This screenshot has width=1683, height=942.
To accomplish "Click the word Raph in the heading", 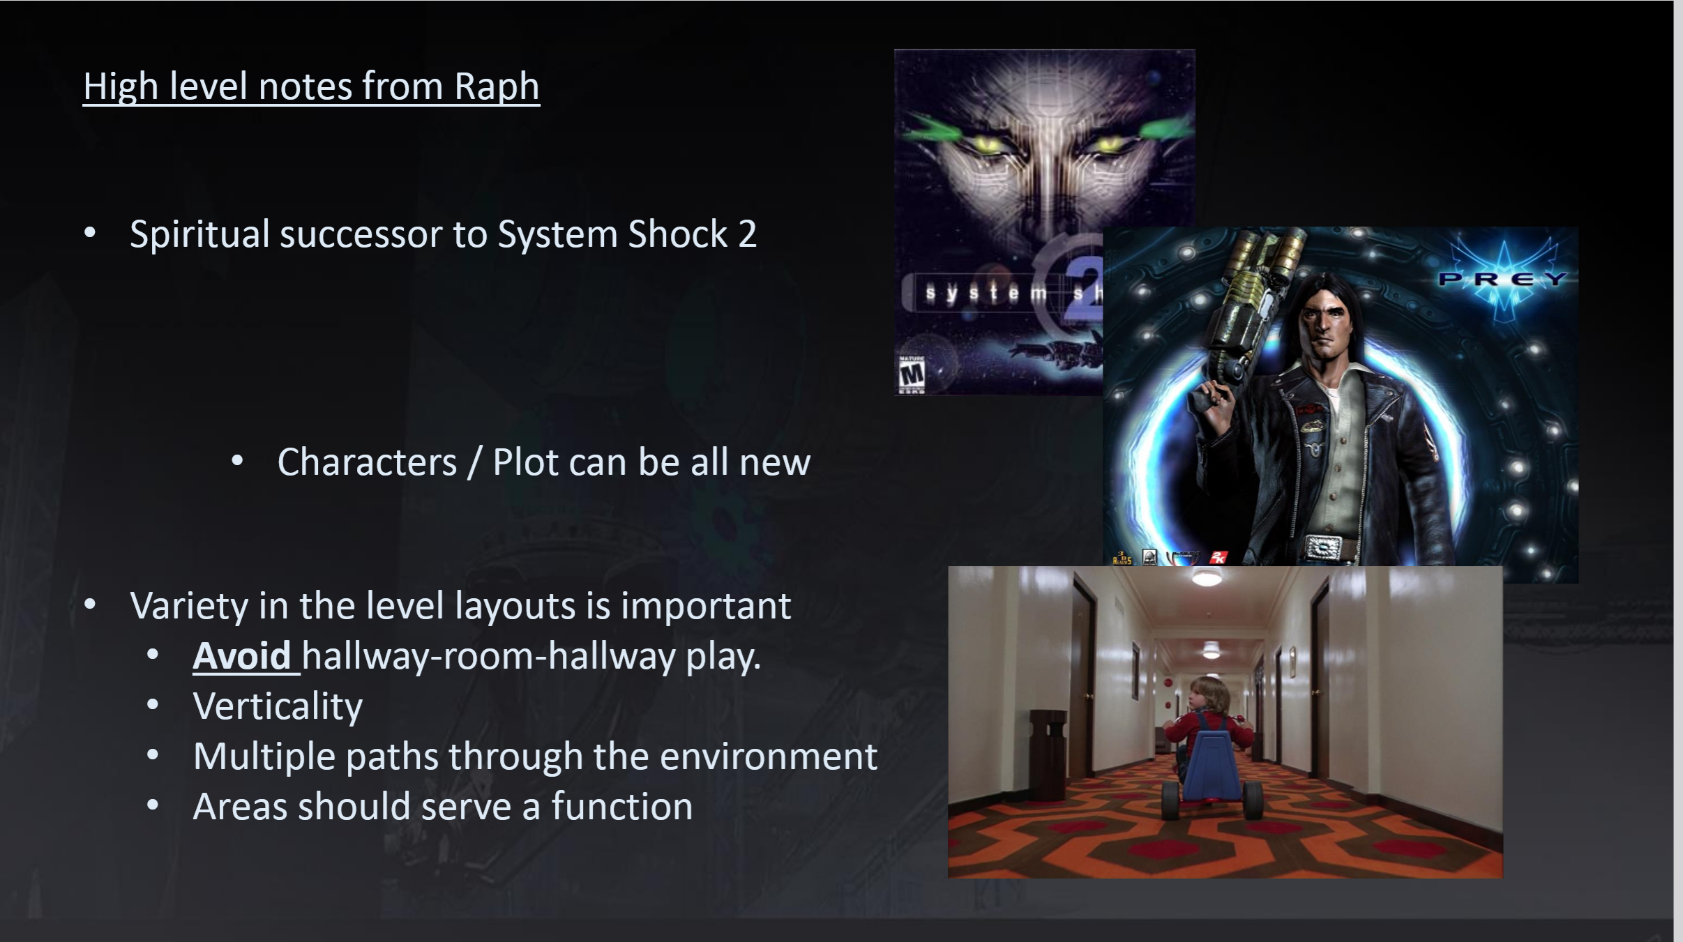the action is click(497, 86).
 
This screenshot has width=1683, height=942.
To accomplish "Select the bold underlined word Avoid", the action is click(241, 656).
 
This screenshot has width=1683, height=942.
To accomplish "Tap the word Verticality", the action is click(278, 707).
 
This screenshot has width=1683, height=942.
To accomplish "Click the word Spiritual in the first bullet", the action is click(199, 234).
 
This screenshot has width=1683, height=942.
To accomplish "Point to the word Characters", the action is click(367, 462).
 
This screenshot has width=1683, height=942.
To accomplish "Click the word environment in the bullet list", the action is click(768, 757).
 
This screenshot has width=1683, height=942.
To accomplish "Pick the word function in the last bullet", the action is click(622, 806).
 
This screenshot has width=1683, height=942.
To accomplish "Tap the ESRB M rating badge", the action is click(911, 374).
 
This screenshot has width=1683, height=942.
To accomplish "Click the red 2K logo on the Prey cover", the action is click(1218, 556).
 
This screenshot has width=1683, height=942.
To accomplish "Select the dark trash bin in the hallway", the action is click(1048, 744).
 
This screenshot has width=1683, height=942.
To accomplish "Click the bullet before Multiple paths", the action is click(153, 756).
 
